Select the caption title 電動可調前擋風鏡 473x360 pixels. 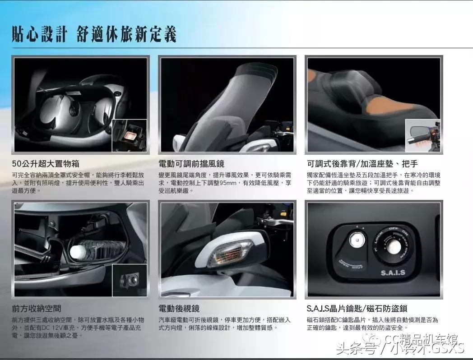(x=191, y=163)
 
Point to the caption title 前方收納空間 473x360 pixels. (x=37, y=309)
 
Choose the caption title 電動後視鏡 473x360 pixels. (x=179, y=309)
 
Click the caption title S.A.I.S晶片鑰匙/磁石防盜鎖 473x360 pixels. (x=357, y=309)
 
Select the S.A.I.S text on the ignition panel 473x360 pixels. (x=393, y=272)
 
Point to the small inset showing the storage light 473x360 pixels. (x=129, y=135)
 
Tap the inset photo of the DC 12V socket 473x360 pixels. (x=129, y=280)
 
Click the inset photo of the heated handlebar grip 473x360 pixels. (x=422, y=135)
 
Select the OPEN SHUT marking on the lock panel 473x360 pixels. (x=350, y=265)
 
